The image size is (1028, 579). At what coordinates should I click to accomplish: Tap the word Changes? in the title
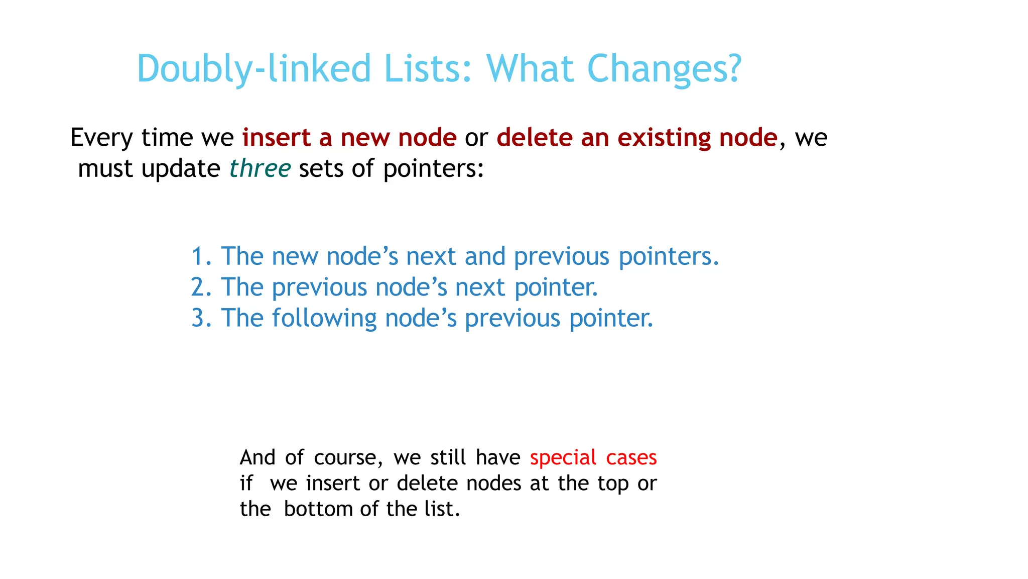[664, 69]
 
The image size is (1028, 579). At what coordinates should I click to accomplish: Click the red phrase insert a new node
[349, 138]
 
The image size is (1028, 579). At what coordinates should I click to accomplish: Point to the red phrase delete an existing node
[637, 138]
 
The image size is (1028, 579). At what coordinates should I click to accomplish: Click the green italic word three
[260, 168]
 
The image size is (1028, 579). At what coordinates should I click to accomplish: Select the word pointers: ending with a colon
[433, 169]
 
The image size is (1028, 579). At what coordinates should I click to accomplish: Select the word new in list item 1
[295, 257]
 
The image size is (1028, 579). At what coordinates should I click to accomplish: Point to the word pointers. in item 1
[669, 257]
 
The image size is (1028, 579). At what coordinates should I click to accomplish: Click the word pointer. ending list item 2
[556, 287]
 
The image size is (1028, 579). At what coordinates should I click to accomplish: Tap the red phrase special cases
[593, 458]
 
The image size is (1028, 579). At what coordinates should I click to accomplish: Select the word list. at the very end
[442, 509]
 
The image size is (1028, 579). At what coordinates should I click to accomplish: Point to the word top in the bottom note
[613, 484]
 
